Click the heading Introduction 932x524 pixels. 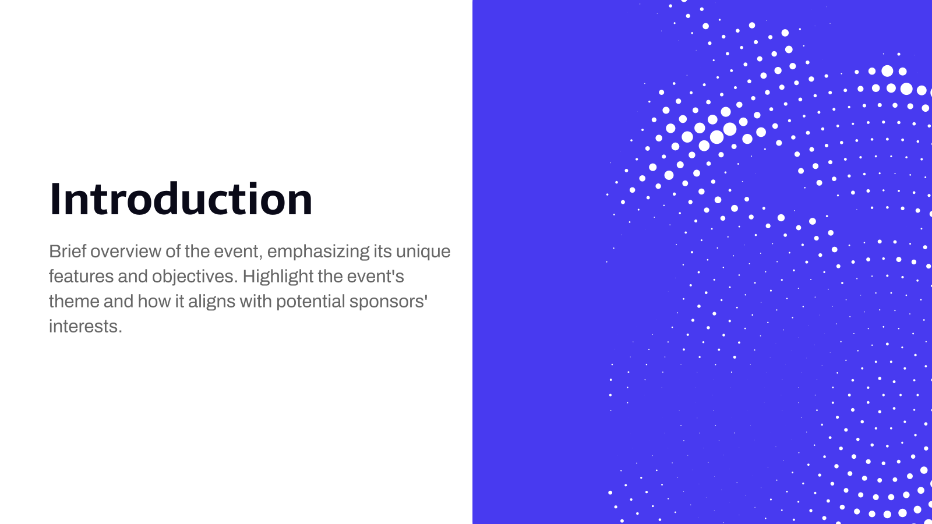(181, 200)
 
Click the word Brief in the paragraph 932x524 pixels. (68, 252)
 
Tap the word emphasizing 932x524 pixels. (319, 252)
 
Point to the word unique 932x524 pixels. (423, 252)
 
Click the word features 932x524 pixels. (81, 277)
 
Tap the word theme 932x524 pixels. (74, 302)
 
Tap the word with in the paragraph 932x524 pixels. (255, 302)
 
